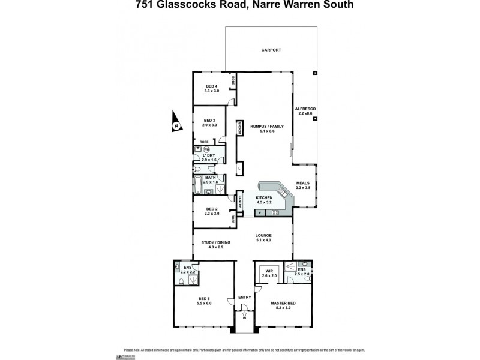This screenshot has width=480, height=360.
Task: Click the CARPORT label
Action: click(271, 50)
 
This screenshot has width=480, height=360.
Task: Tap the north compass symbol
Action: click(176, 122)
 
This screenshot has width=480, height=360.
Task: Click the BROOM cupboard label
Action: click(238, 127)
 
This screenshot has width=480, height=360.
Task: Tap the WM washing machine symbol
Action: click(206, 149)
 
